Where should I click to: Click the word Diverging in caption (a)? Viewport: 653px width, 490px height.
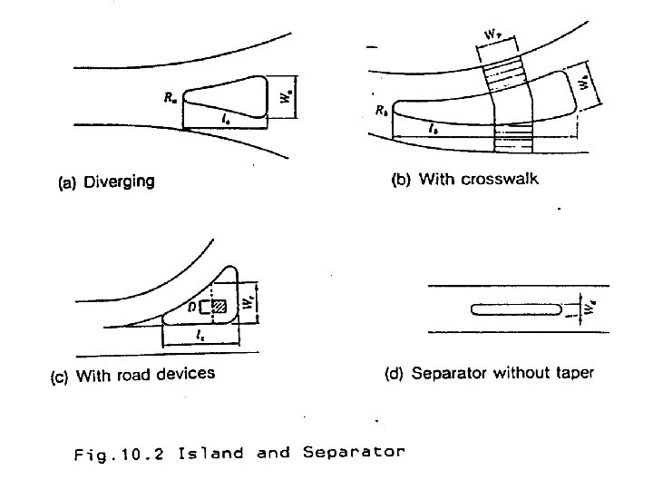tap(118, 181)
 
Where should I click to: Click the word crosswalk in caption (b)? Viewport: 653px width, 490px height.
tap(499, 179)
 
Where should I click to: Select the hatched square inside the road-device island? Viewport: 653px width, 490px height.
tap(218, 307)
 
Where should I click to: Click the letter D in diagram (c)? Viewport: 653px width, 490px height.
tap(193, 308)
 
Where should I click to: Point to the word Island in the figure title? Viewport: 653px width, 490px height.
tap(211, 452)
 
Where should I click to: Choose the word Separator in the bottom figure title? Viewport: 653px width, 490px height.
tap(349, 453)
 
